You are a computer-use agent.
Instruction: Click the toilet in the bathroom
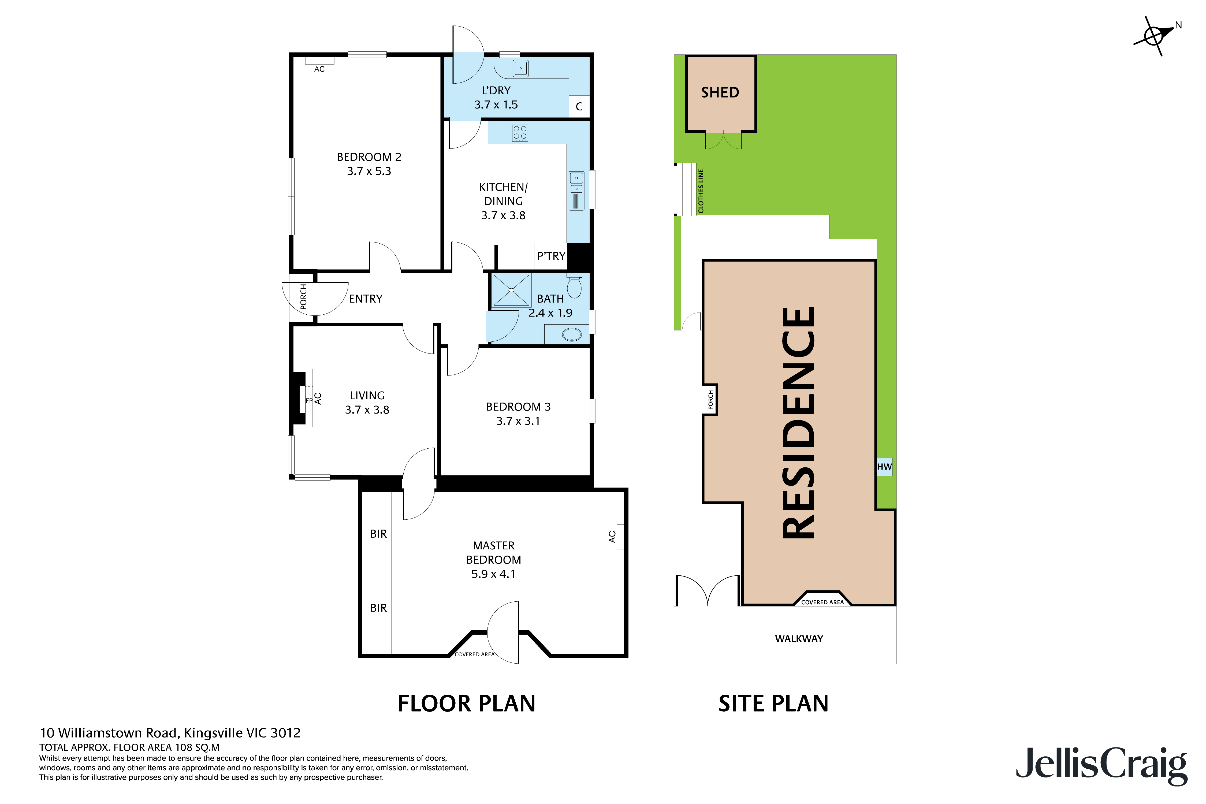(574, 286)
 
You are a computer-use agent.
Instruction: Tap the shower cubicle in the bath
(511, 290)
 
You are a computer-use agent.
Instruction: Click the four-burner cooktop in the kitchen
(520, 133)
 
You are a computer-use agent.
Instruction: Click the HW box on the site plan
(884, 467)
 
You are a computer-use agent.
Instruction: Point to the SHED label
(720, 93)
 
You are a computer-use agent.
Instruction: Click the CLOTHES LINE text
(701, 191)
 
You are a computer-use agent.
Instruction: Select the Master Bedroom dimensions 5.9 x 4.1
(493, 574)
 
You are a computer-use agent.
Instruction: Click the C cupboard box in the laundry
(579, 107)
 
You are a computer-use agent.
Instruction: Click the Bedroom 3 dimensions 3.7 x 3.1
(518, 421)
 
